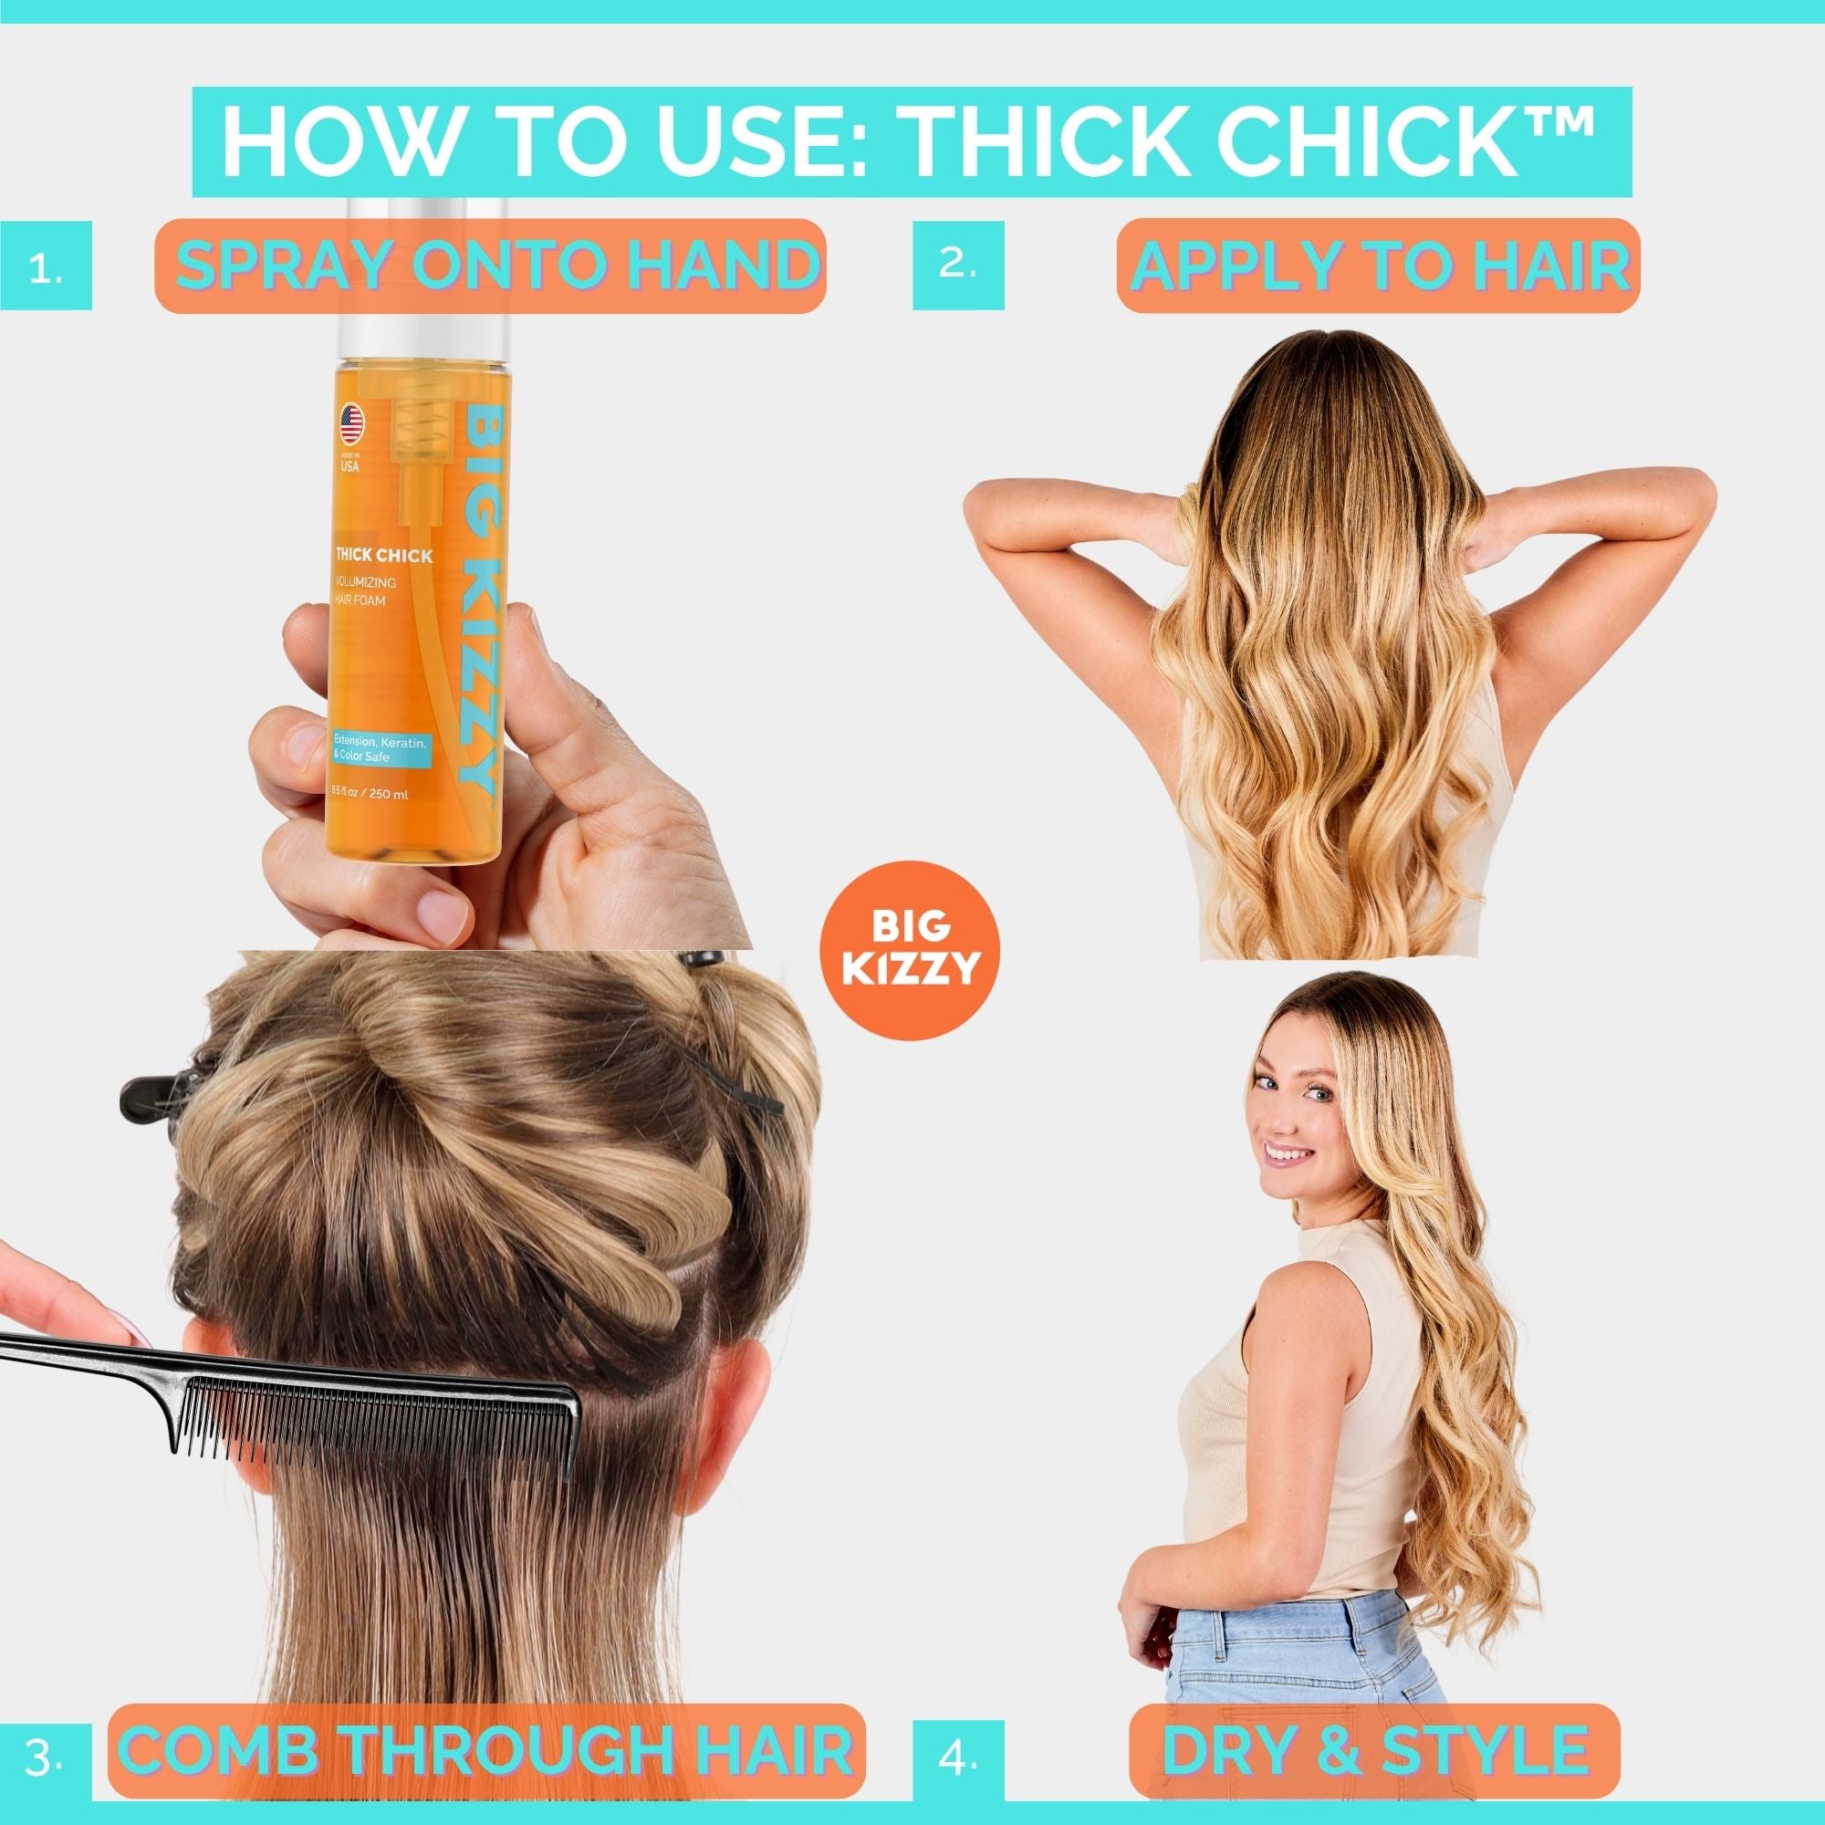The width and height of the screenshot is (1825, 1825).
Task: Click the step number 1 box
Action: tap(47, 266)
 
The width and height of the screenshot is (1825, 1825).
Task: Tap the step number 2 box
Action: tap(958, 266)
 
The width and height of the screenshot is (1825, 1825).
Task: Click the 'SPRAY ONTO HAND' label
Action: tap(490, 266)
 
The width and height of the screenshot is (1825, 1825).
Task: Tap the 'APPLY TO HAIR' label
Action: tap(1377, 266)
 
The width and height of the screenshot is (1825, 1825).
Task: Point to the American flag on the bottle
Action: tap(351, 425)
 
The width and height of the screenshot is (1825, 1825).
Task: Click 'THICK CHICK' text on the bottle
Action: tap(383, 556)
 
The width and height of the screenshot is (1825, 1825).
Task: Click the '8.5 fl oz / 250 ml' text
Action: tap(370, 795)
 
